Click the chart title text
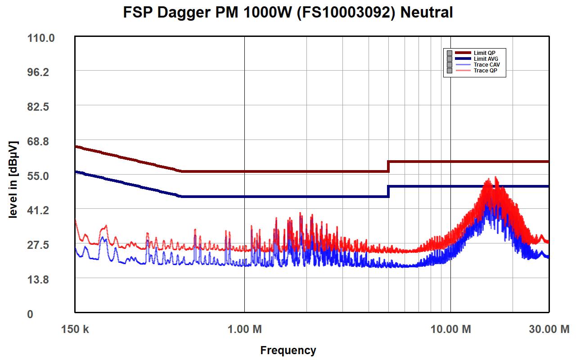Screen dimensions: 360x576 point(288,13)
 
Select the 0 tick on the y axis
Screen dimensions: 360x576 point(30,314)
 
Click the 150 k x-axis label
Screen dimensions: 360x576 point(75,329)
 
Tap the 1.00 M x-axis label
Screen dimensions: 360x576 point(244,329)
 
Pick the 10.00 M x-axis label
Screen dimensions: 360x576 point(451,329)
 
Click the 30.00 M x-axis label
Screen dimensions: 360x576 point(549,329)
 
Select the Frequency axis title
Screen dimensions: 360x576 point(288,350)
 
